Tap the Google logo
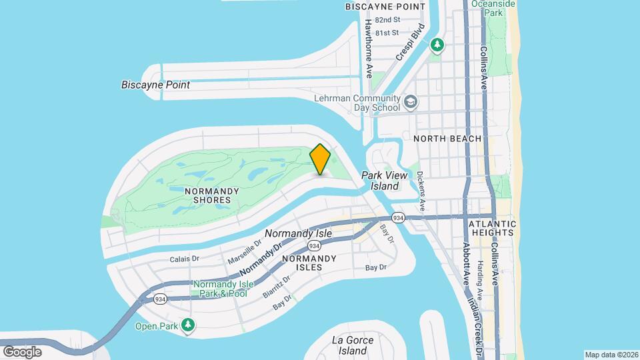(22, 351)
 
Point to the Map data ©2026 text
(611, 355)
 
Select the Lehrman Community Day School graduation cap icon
(411, 102)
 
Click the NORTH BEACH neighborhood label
(447, 139)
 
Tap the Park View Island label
(380, 181)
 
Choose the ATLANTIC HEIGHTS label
(491, 228)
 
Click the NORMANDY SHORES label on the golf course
(211, 195)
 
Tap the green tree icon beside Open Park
(189, 325)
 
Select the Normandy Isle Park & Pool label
(219, 289)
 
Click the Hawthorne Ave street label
(368, 48)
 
